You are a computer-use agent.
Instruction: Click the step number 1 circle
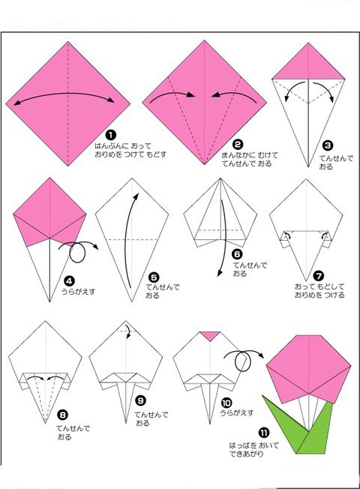point(111,135)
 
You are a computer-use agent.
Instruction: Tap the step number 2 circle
point(238,145)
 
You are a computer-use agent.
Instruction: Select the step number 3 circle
point(328,145)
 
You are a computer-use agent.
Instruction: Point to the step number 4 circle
point(69,281)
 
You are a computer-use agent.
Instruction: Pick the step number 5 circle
point(154,277)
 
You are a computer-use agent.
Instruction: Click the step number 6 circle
point(237,254)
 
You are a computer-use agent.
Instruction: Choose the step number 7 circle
point(319,276)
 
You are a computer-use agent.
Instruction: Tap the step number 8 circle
point(63,415)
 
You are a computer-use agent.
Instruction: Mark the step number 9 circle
point(141,400)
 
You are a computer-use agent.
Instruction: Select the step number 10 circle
point(226,403)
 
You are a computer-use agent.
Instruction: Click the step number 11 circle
point(263,433)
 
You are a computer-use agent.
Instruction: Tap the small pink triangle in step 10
point(210,335)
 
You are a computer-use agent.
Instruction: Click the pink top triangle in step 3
point(308,66)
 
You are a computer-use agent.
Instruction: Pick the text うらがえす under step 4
point(78,292)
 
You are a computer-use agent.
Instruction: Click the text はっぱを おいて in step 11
point(254,445)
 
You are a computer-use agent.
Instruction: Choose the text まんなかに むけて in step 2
point(250,155)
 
